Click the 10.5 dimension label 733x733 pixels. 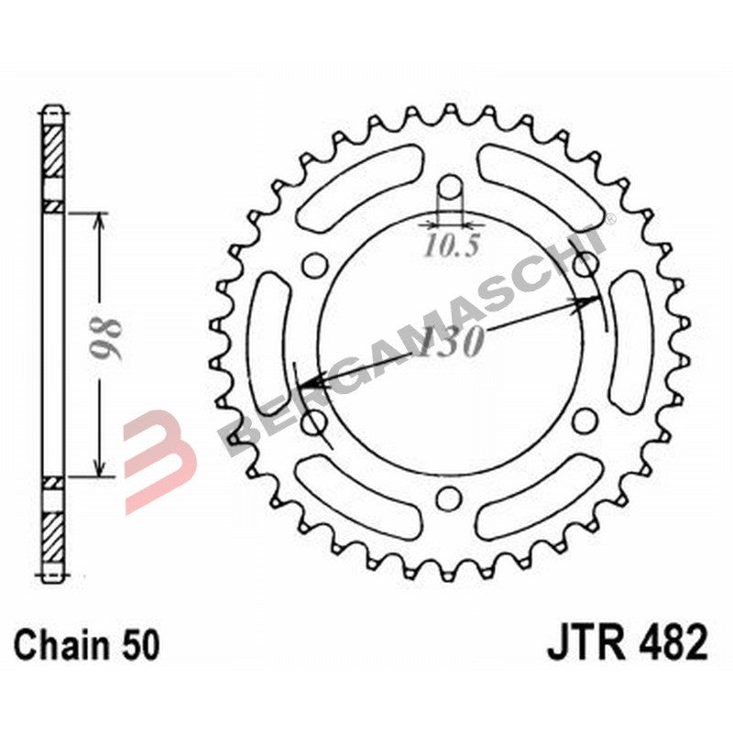(x=449, y=246)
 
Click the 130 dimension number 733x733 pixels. (x=451, y=342)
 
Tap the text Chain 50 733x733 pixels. (x=87, y=645)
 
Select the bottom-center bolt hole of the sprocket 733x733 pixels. (x=448, y=498)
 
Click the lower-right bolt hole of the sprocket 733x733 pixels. (x=583, y=421)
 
